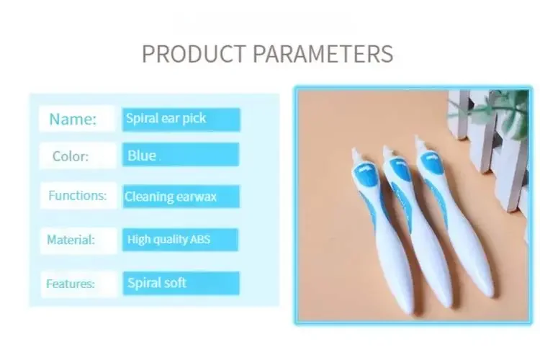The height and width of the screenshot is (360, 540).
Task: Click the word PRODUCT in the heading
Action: point(194,54)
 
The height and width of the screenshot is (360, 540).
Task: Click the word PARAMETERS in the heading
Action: point(323,54)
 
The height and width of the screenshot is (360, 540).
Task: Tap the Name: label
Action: point(73,120)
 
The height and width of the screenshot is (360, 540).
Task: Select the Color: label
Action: point(71,156)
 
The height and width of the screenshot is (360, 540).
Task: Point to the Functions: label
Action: point(78,195)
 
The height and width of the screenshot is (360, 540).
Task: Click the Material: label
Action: point(71,240)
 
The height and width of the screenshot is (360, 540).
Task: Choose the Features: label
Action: point(71,284)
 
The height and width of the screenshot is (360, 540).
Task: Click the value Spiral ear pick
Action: point(166,119)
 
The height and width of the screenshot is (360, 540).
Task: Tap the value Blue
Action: point(142,156)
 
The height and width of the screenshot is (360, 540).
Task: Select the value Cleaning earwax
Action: point(171,197)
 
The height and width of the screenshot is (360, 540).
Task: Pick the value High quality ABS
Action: point(168,239)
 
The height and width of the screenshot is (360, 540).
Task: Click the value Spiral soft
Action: point(157,283)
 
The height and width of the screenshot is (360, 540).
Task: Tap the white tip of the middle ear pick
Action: point(387,152)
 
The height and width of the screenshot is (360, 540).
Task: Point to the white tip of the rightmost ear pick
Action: point(420,144)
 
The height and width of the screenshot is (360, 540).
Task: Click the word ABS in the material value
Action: point(200,239)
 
